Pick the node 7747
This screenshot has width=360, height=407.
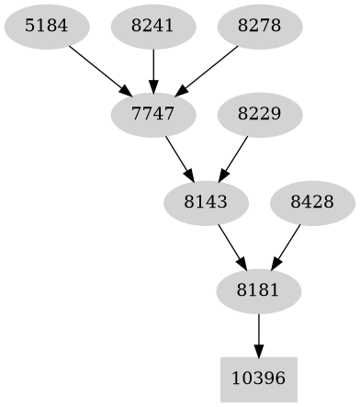click(152, 114)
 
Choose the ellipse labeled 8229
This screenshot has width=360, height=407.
click(258, 114)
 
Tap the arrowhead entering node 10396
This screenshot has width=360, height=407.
click(258, 350)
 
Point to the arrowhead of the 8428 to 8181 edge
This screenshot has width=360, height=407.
click(275, 264)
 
